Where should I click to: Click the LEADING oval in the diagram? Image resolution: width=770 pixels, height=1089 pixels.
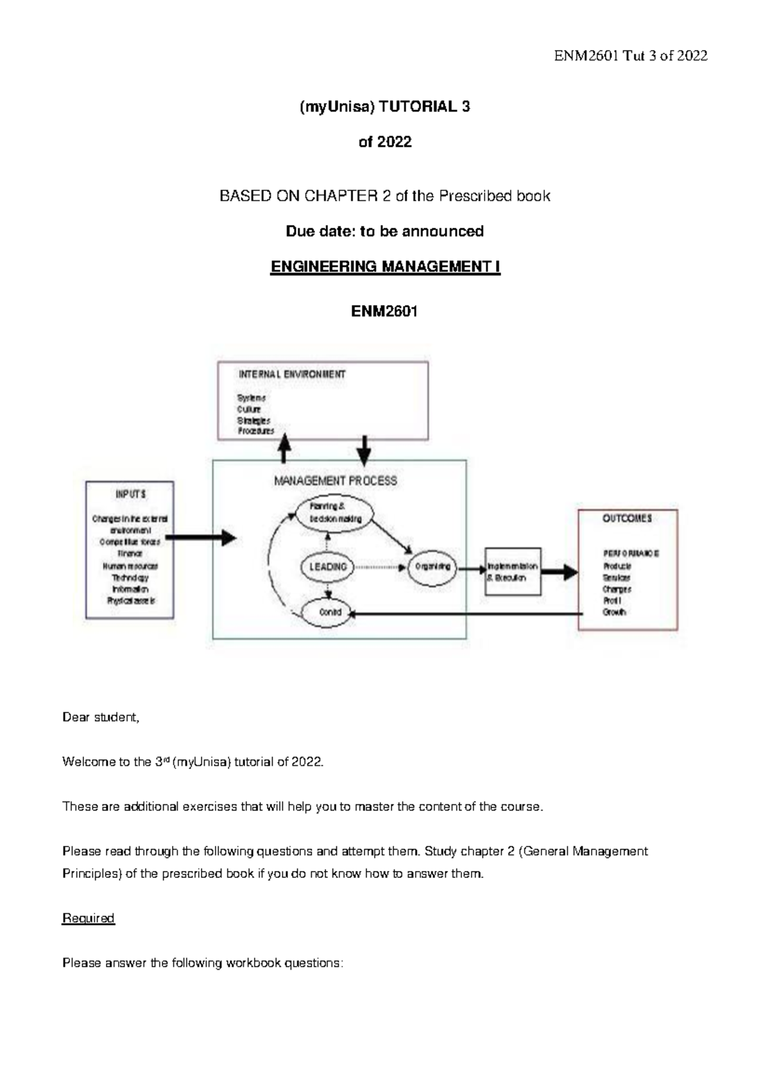[328, 567]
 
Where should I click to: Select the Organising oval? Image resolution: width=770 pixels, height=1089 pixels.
[432, 567]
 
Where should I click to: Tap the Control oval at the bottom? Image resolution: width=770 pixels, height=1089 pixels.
[330, 612]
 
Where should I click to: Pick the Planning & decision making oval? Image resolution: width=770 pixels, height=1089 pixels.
[336, 512]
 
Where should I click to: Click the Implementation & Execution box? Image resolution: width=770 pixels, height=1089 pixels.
[513, 571]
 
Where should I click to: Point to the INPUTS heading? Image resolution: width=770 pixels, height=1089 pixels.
[130, 494]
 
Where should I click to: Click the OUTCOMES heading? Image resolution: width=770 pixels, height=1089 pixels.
[627, 518]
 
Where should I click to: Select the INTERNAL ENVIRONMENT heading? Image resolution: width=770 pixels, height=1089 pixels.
[292, 374]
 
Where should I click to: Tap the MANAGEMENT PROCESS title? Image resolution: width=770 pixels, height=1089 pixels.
[335, 480]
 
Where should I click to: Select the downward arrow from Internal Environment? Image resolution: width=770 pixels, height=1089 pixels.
[364, 450]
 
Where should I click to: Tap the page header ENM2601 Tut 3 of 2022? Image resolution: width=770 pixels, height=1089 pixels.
[630, 56]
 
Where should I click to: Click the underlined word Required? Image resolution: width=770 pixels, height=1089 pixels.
[88, 918]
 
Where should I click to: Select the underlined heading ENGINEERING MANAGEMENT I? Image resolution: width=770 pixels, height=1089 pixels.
[385, 267]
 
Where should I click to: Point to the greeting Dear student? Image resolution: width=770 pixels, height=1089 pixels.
[101, 717]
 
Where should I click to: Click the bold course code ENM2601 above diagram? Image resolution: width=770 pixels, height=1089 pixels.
[384, 312]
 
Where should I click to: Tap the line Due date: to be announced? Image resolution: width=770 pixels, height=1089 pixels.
[384, 231]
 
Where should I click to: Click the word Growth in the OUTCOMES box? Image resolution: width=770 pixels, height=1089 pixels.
[614, 612]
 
